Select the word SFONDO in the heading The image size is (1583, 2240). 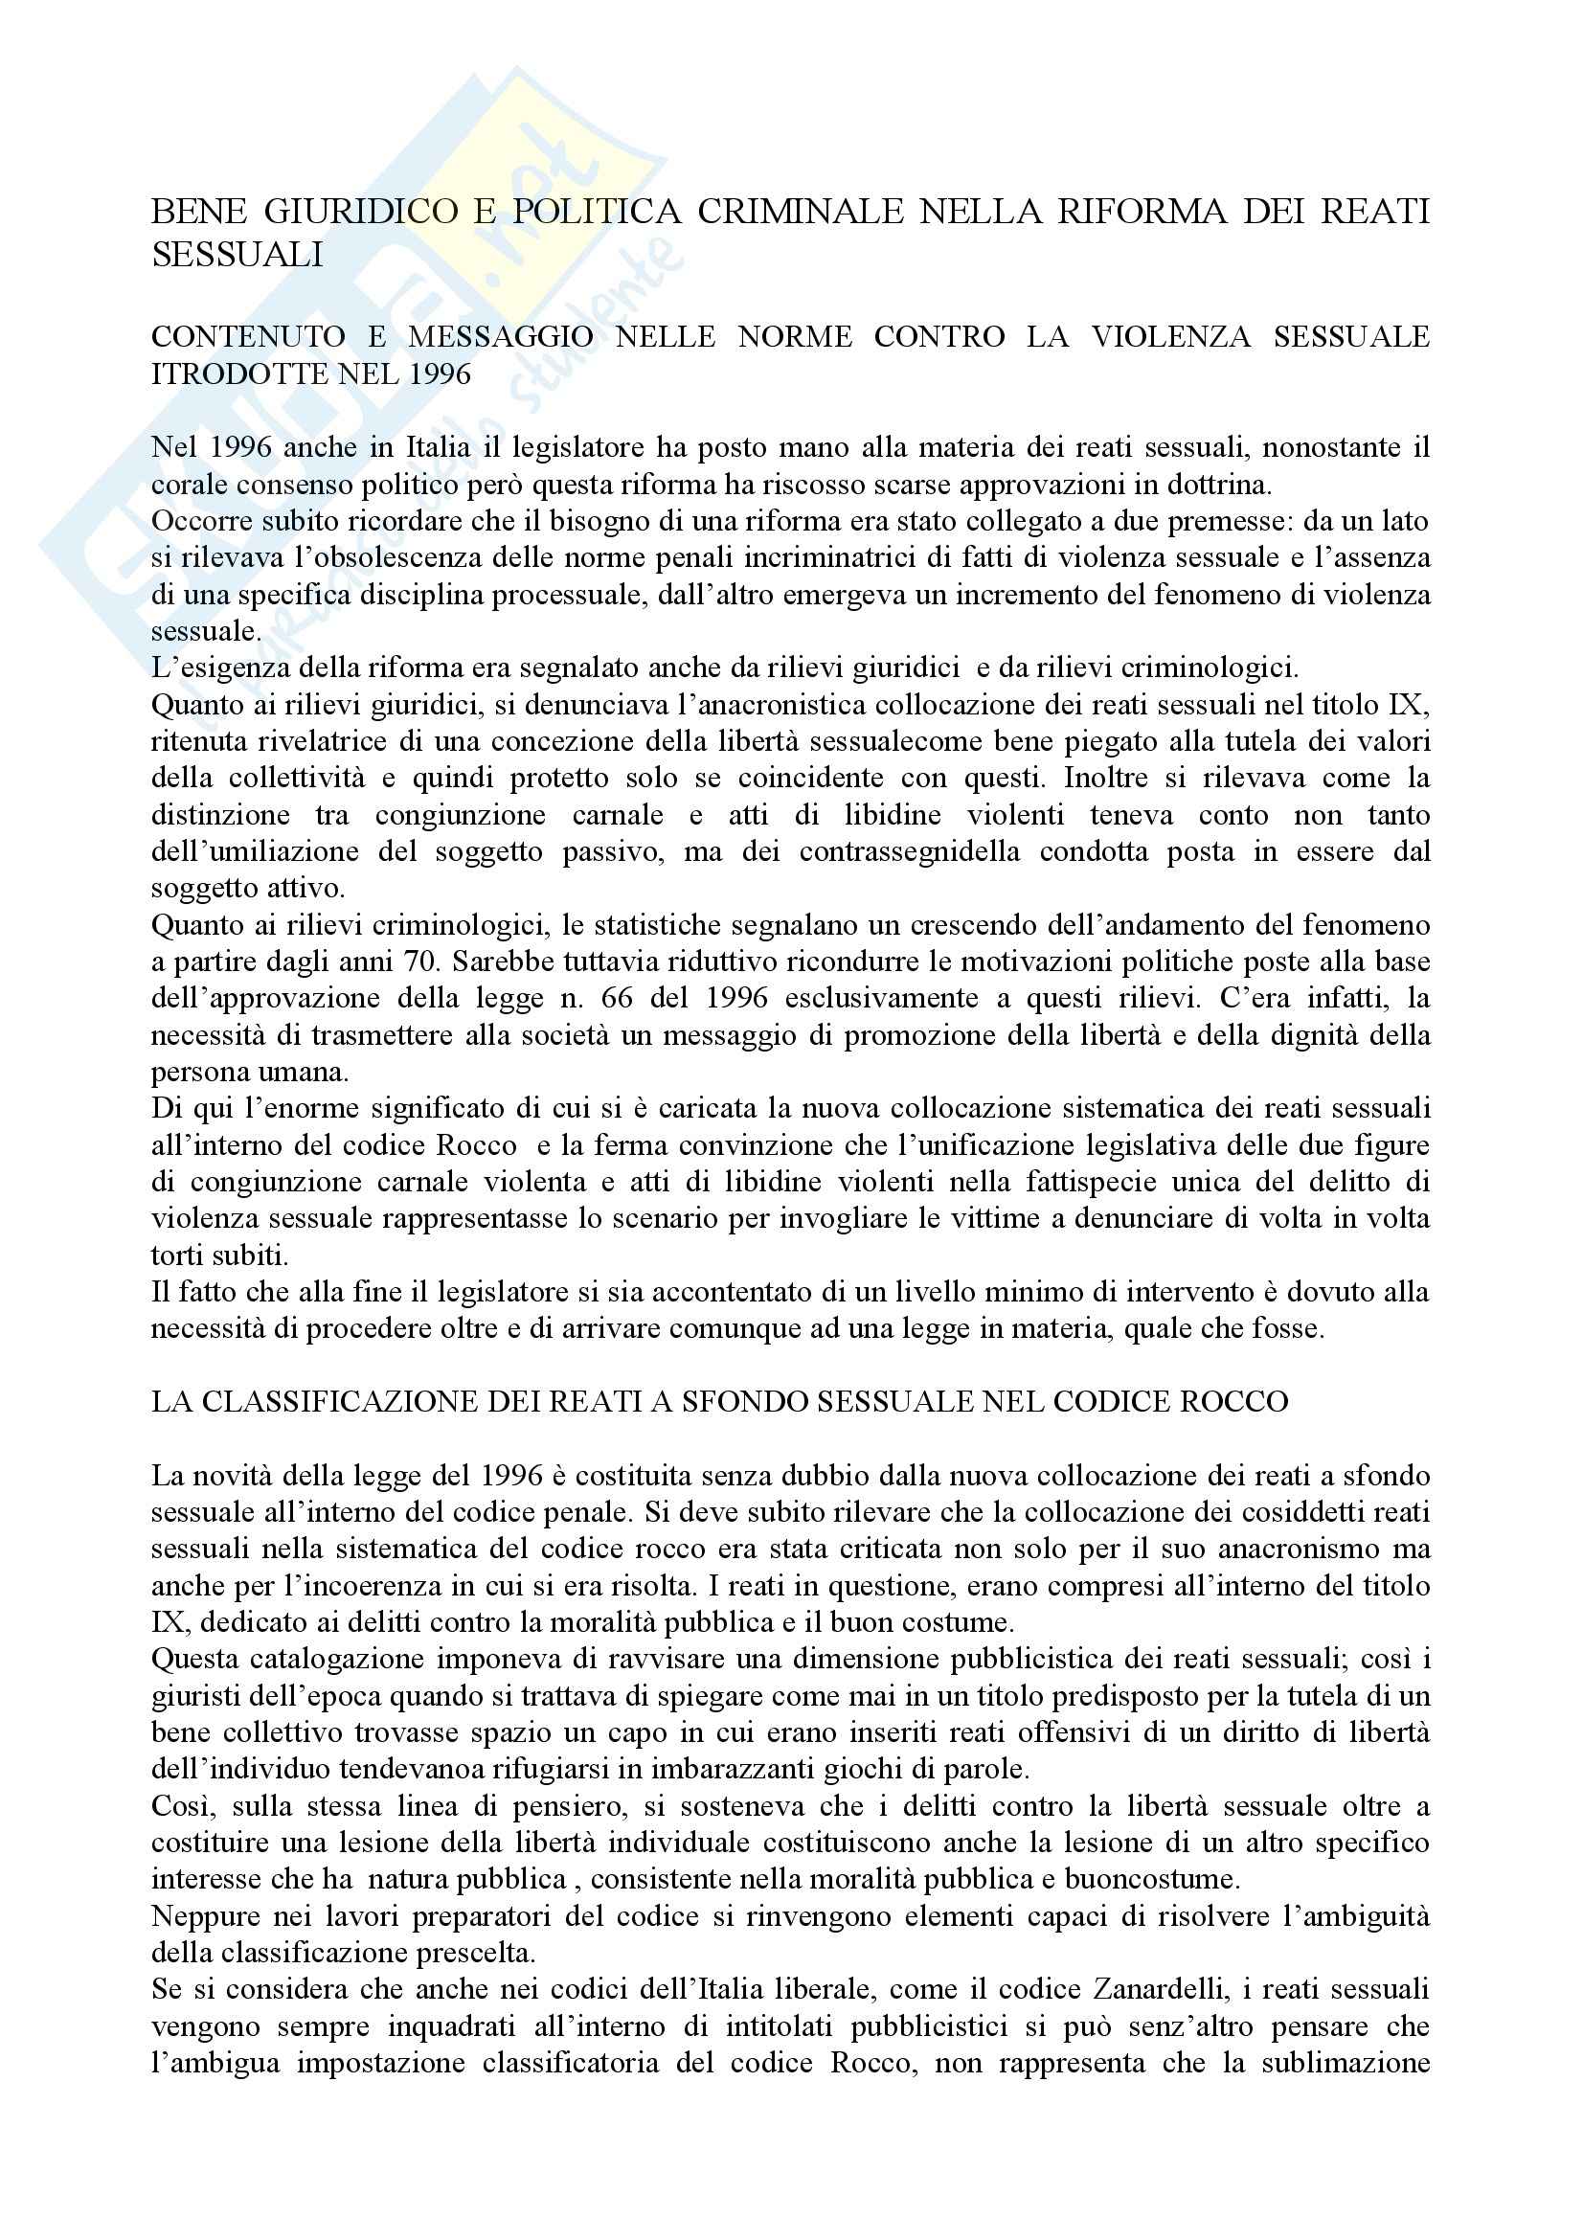(806, 1402)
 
